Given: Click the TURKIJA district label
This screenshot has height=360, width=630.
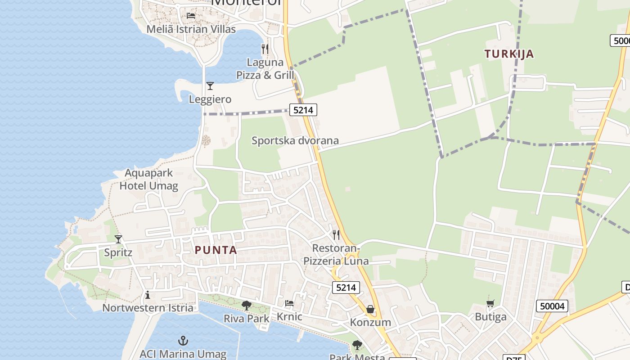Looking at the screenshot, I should coord(509,54).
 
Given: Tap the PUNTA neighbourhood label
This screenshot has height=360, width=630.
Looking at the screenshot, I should coord(216,250).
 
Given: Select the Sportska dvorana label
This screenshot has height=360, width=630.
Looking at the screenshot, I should coord(295,141).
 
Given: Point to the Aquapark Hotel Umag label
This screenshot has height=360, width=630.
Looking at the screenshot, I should coord(148,180).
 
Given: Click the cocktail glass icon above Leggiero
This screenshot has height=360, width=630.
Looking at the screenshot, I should coord(210,86).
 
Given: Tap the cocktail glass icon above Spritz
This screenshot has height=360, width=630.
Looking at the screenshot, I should coord(118,239).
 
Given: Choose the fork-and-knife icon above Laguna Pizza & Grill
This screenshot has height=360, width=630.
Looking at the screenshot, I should coord(265,49).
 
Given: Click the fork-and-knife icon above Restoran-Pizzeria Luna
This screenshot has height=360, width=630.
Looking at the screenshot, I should coord(336,235).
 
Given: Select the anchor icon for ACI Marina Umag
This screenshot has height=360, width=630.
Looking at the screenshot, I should coord(183,341).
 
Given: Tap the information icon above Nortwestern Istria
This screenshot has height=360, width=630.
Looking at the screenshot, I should coord(147,295).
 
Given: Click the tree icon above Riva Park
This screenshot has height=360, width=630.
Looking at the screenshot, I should coord(246,306).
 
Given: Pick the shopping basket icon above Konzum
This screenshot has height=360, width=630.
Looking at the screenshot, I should coord(370,309).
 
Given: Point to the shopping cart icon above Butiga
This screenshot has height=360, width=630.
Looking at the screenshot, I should coord(490,304).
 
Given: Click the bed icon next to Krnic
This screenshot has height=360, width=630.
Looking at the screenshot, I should coord(289,304).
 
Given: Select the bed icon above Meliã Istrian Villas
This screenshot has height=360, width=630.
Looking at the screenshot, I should coord(191,16).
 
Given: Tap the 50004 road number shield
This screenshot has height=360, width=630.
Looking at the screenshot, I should coord(552,306).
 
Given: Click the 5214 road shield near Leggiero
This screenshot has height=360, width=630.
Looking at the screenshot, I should coord(303,109).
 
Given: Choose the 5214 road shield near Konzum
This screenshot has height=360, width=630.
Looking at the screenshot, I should coord(346,288).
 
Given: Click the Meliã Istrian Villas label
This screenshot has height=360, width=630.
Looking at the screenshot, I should coord(191,29).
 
